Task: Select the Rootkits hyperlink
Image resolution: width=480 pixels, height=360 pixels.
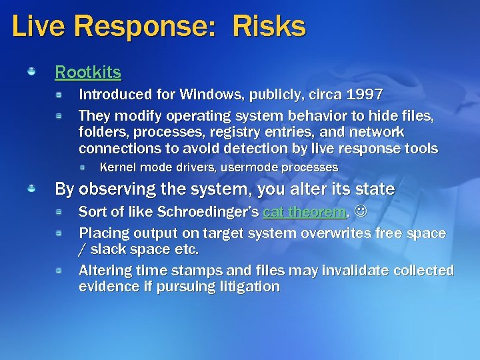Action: point(88,71)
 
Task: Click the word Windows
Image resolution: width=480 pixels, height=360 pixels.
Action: point(207,95)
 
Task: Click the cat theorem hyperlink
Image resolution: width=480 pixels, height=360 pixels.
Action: point(305,213)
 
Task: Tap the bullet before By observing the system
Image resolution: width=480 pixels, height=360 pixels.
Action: point(31,189)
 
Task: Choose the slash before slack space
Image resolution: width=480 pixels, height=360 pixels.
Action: point(82,250)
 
